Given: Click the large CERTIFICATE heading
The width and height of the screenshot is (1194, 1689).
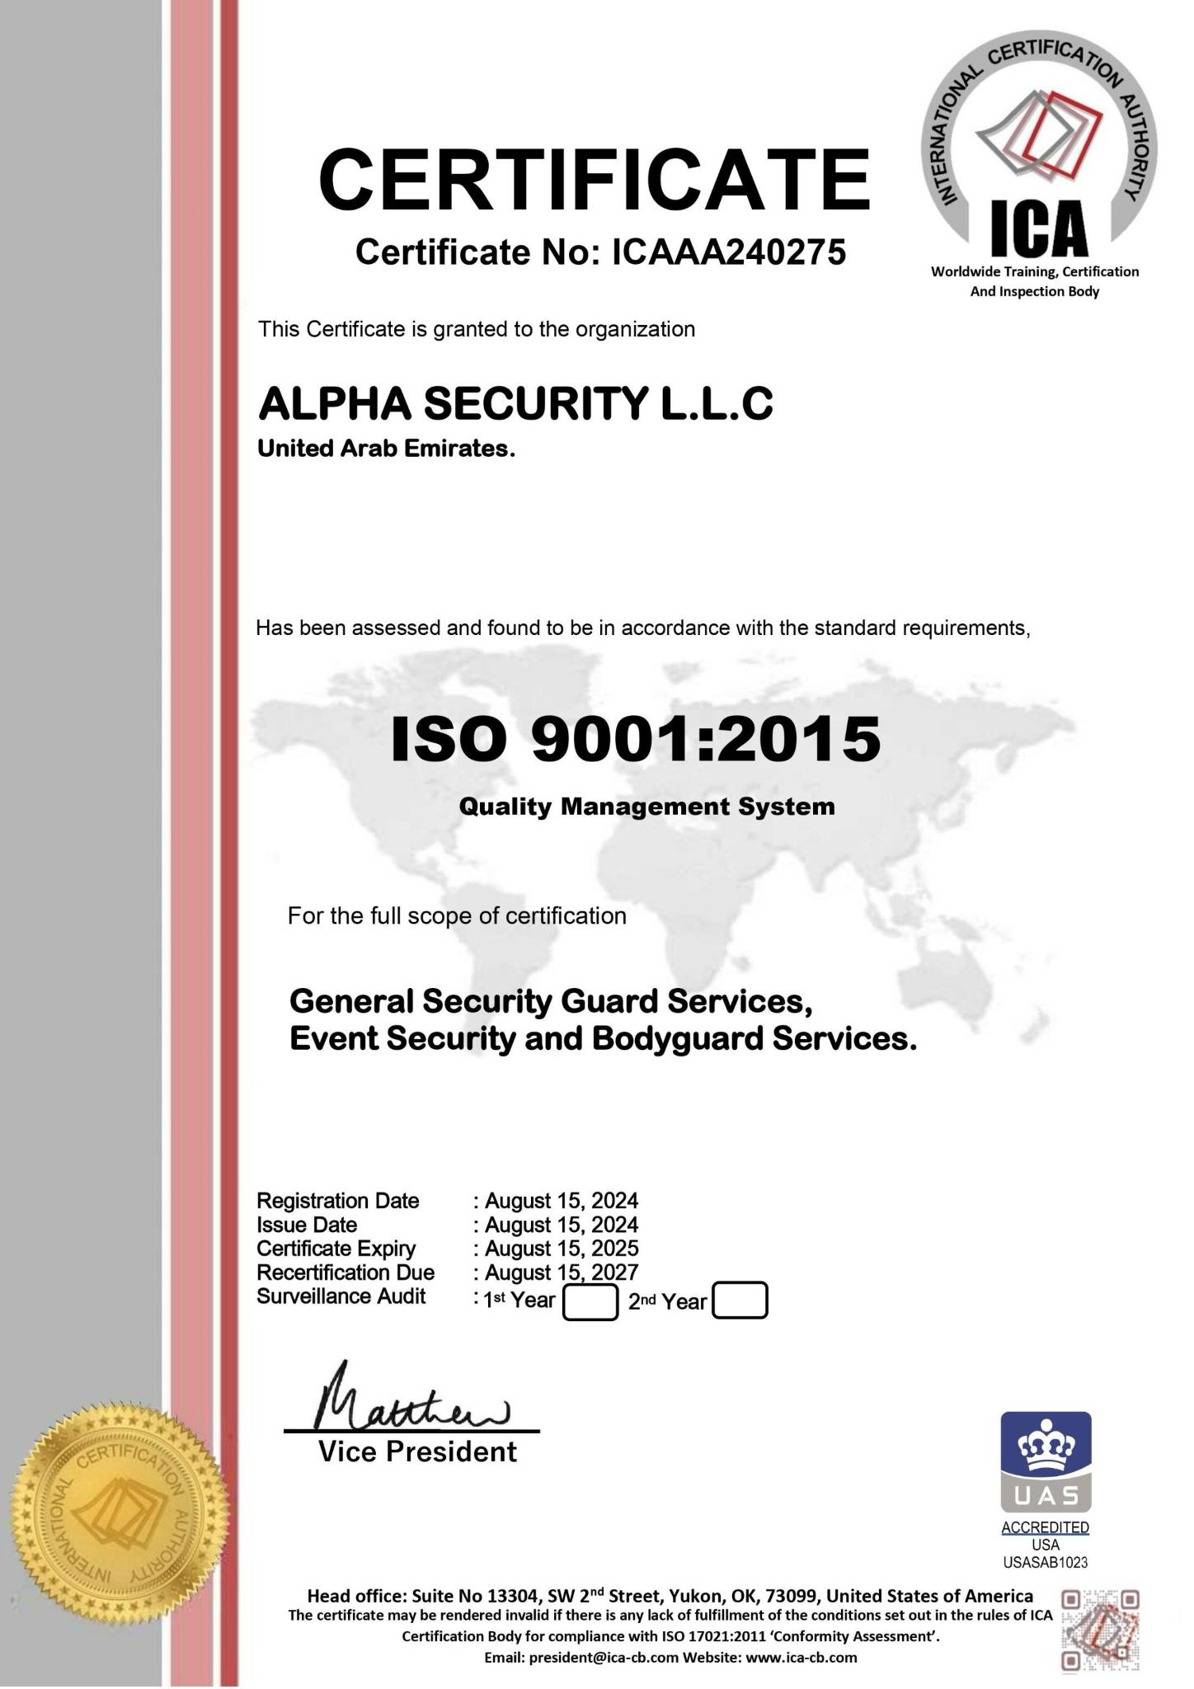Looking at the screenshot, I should point(594,179).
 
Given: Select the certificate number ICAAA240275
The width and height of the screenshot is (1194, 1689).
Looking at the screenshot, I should point(728,252).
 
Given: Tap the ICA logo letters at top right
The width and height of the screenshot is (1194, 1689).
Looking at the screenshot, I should point(1038,229).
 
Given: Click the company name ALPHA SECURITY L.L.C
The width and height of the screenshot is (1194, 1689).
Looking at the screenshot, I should point(515,404).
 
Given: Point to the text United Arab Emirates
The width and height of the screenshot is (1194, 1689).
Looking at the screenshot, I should point(386,449).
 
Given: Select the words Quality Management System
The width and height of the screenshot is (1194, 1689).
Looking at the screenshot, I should point(646,806).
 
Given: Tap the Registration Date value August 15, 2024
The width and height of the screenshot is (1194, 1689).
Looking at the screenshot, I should point(561,1201).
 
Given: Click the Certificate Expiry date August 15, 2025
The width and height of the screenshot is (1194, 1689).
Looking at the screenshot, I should point(561,1249).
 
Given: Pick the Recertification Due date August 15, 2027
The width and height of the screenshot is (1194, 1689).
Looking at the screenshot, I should point(561,1273).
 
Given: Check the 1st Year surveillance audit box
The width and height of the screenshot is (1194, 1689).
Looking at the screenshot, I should point(590,1302).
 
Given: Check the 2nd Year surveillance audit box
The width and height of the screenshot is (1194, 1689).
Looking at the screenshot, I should point(740,1301).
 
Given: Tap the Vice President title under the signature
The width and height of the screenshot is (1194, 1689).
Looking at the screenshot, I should point(417,1452).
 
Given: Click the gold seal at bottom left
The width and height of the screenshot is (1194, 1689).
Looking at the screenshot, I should point(120,1517).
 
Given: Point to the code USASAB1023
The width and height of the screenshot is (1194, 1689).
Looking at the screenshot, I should point(1046,1563).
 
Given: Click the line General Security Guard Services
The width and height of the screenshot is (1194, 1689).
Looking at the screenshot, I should point(551,1002).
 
